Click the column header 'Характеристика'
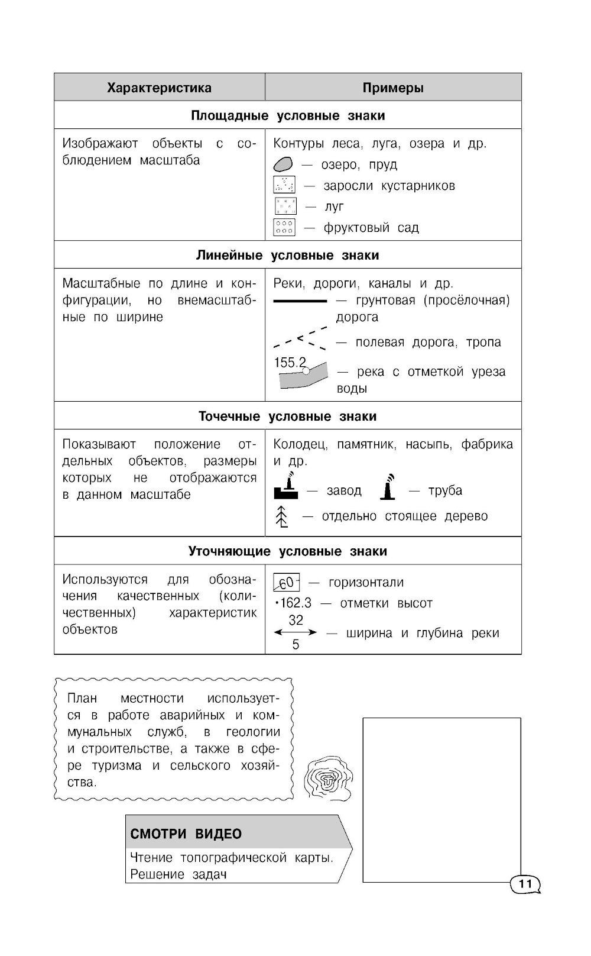pos(159,88)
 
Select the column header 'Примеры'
pos(393,88)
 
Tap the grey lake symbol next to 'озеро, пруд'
pos(283,164)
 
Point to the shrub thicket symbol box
pos(284,185)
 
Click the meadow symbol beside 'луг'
pos(285,206)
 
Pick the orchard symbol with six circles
pos(284,227)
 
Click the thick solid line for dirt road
pos(300,301)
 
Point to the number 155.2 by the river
pos(290,362)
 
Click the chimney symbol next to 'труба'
pos(388,486)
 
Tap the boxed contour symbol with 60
pos(287,583)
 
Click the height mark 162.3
pos(294,603)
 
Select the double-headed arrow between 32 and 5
pos(295,633)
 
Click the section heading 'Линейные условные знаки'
pos(287,256)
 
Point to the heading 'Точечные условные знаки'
pos(287,416)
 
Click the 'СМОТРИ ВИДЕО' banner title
pos(186,834)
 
